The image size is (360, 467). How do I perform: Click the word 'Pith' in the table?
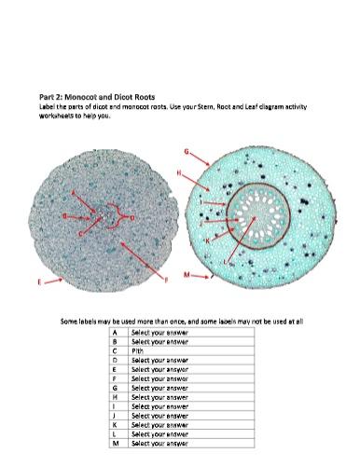139,350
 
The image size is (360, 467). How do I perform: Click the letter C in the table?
114,350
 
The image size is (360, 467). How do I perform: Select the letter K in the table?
114,425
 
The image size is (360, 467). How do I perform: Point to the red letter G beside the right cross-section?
187,150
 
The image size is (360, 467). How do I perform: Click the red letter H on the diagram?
204,172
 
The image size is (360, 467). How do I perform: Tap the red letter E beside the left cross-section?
38,280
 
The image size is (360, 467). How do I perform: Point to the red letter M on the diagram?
187,275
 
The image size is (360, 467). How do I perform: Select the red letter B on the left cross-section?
63,216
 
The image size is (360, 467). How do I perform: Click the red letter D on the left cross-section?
132,217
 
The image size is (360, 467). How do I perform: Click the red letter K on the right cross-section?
208,240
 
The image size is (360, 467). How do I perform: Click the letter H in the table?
114,397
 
